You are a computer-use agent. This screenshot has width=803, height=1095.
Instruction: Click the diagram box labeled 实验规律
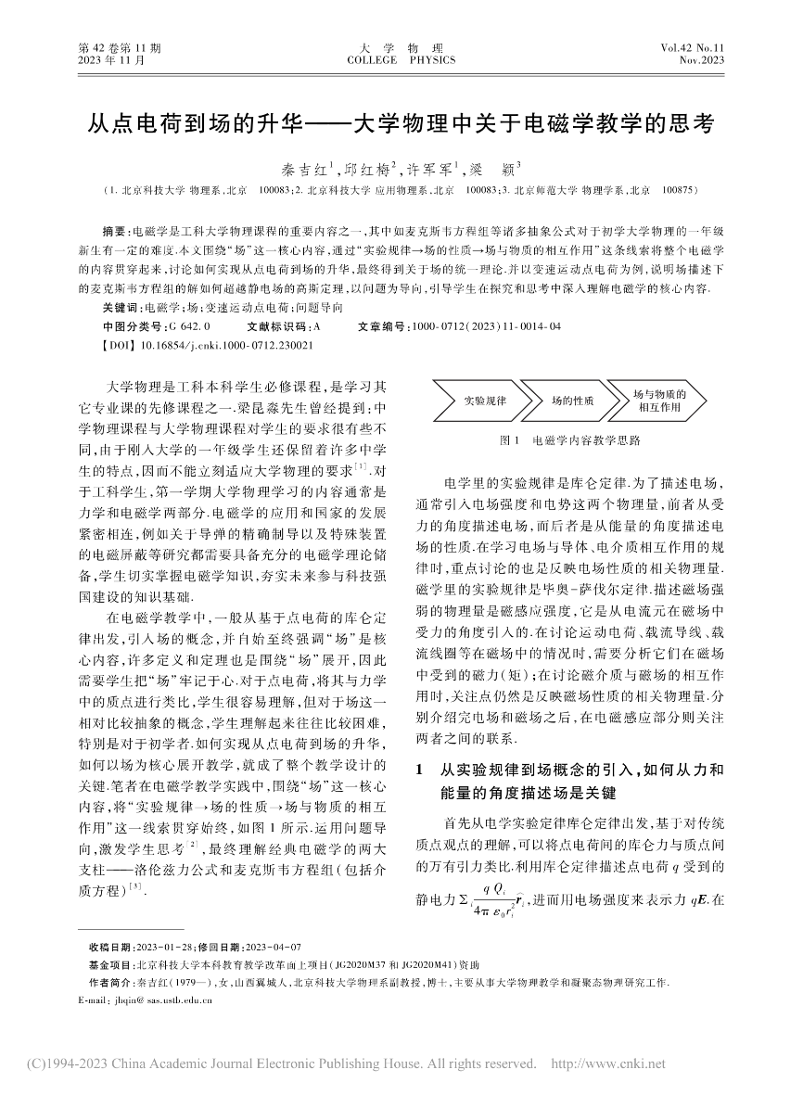[x=485, y=401]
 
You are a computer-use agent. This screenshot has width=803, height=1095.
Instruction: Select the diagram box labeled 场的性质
[x=572, y=401]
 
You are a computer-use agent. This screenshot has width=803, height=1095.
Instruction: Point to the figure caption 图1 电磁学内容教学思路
[x=569, y=441]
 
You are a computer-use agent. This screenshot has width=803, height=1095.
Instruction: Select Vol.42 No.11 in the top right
[x=692, y=46]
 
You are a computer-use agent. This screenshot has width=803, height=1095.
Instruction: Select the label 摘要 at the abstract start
[x=119, y=229]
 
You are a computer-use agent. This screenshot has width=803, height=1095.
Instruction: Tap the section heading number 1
[x=423, y=770]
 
